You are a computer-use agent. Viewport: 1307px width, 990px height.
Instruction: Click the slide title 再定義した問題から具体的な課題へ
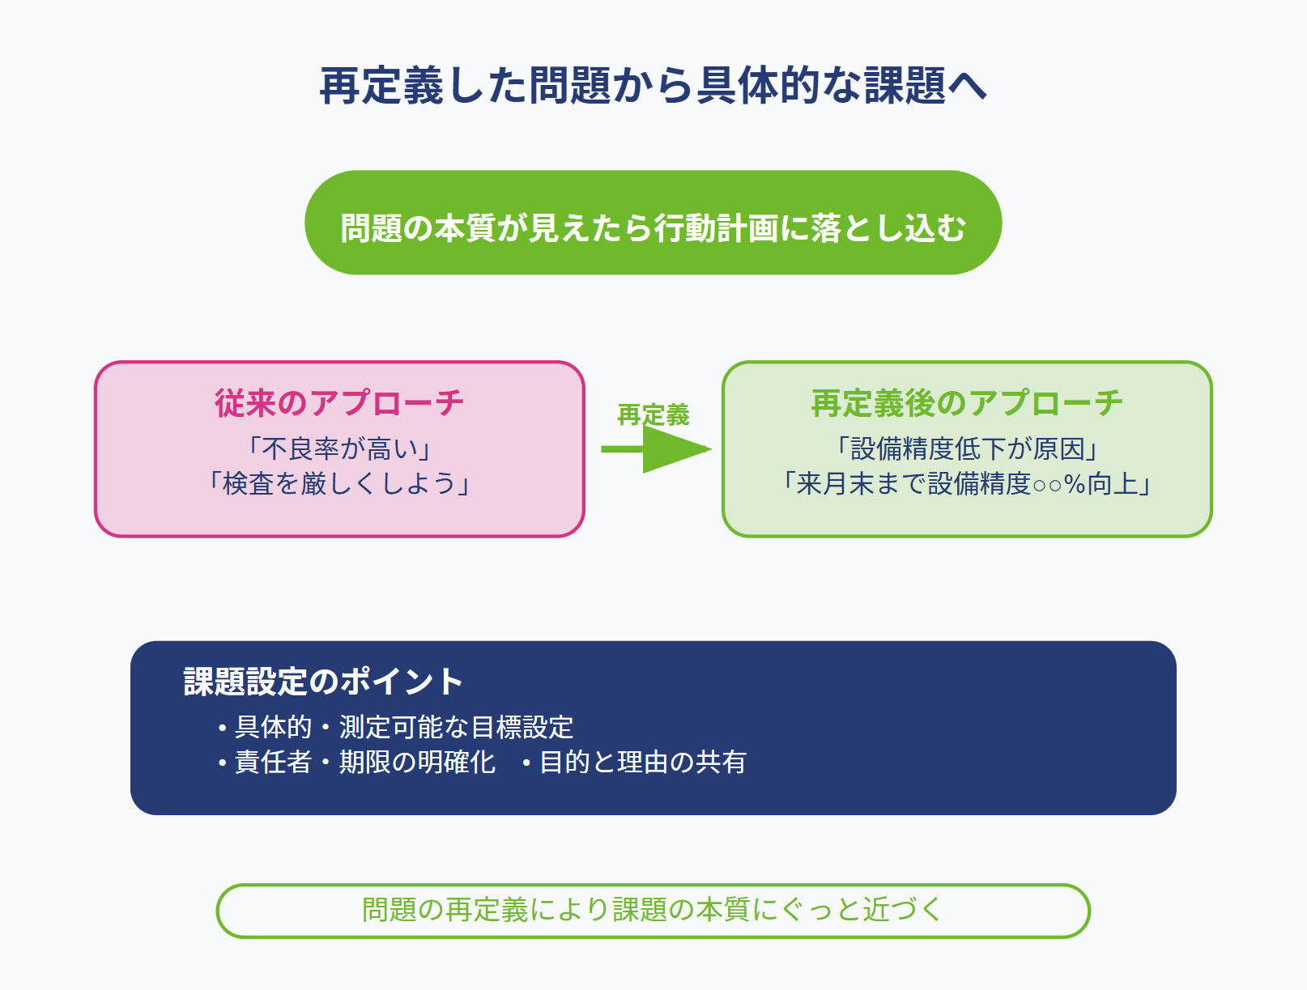[653, 86]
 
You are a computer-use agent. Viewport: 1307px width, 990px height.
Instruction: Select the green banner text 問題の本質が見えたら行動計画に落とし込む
[653, 227]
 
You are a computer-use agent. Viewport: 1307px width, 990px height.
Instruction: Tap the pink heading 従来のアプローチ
[338, 403]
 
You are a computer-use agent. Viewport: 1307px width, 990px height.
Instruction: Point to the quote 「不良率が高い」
[338, 448]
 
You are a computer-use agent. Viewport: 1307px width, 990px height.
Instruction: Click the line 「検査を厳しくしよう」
[338, 483]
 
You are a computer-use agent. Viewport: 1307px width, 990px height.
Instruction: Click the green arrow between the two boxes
[656, 449]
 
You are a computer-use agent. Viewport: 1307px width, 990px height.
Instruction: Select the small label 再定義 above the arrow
[653, 414]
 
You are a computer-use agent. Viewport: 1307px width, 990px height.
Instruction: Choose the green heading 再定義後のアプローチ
[966, 403]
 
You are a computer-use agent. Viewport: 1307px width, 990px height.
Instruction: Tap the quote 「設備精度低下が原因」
[966, 448]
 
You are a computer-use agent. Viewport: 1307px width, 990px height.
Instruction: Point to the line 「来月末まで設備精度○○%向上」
[966, 483]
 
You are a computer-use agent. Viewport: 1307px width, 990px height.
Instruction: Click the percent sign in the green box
[1075, 484]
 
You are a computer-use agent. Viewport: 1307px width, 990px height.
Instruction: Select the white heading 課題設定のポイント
[323, 682]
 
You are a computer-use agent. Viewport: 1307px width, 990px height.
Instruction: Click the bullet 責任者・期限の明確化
[356, 763]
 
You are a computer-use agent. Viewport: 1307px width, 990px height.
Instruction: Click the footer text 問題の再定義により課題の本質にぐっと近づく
[653, 910]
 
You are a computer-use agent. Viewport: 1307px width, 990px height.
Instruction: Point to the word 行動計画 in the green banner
[717, 227]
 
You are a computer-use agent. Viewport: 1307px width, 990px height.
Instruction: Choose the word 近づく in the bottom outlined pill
[903, 910]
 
